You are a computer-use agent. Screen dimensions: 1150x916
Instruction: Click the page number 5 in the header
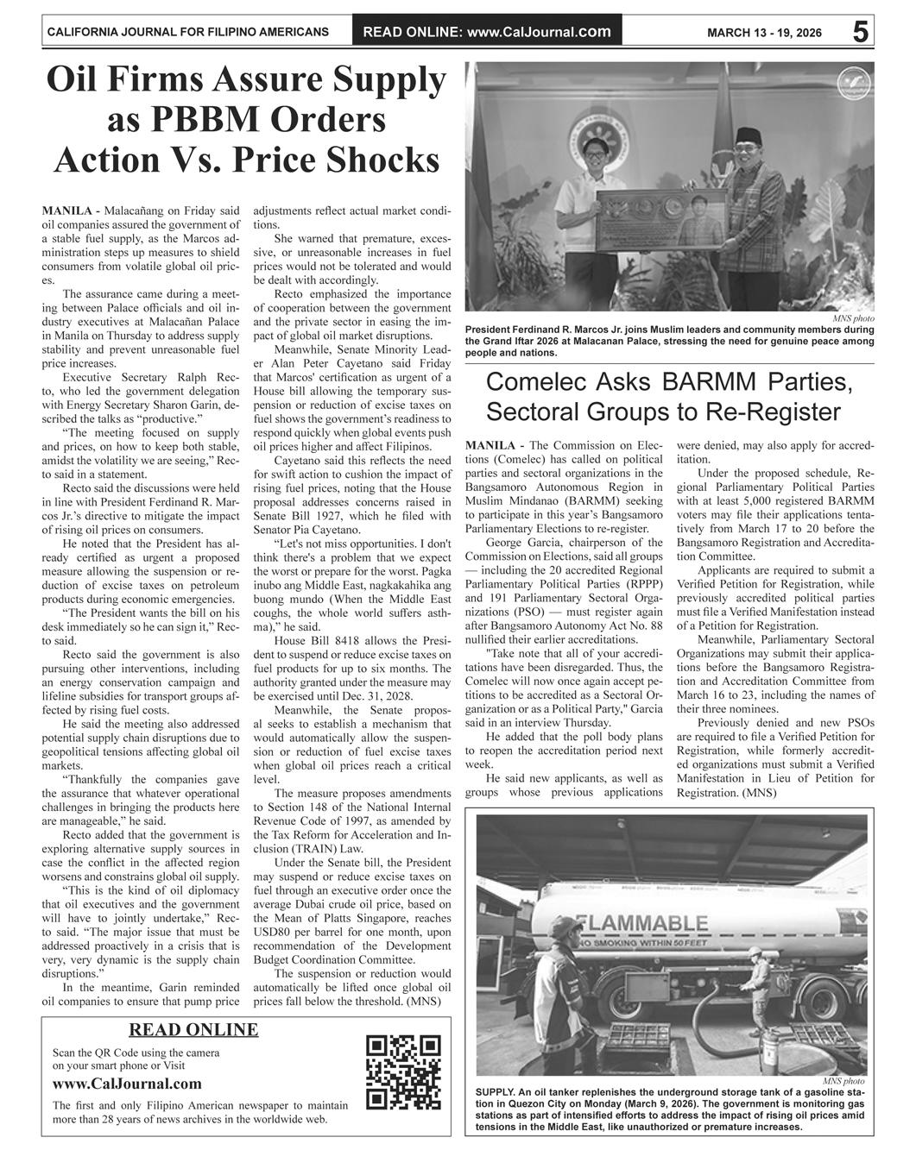860,32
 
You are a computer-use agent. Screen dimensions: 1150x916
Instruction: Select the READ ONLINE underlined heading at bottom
193,1029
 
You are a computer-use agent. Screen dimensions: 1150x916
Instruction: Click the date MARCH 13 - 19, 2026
764,33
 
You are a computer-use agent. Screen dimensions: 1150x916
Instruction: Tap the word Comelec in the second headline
553,382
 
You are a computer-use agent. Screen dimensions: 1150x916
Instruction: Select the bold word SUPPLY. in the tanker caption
499,1093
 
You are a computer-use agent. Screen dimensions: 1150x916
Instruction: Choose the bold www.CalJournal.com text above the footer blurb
127,1084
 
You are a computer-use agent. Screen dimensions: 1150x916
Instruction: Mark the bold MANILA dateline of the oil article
67,211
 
